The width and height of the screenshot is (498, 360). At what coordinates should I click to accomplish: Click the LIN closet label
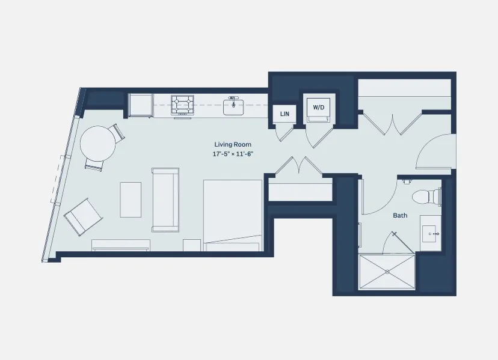click(x=284, y=114)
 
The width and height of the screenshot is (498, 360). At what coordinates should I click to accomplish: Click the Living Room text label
click(x=233, y=144)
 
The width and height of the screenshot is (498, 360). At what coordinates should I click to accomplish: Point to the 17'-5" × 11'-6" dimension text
click(x=233, y=154)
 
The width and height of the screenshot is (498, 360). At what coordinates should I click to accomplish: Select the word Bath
click(x=400, y=215)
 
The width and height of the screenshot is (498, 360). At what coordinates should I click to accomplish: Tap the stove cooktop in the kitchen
click(x=183, y=105)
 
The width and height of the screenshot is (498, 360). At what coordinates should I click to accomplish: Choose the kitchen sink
click(x=233, y=106)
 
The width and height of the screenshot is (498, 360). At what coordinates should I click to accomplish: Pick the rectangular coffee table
click(x=131, y=200)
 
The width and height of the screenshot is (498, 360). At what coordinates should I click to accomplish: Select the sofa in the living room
click(x=165, y=200)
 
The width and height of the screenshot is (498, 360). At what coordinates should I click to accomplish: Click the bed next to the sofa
click(x=233, y=215)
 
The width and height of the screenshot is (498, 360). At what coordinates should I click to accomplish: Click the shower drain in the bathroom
click(x=388, y=272)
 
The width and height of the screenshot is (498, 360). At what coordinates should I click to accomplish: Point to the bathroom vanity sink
click(x=432, y=232)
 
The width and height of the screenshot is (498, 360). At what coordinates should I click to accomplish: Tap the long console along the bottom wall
click(x=120, y=245)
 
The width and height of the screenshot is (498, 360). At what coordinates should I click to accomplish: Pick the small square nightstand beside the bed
click(x=192, y=245)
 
